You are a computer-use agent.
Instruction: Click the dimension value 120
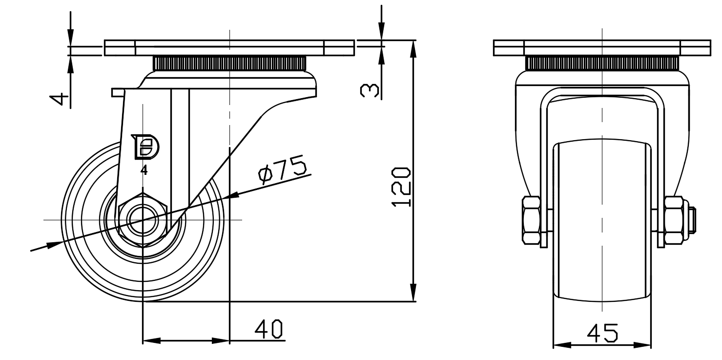point(401,187)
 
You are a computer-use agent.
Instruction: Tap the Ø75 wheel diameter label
point(282,169)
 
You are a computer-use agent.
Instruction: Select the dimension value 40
point(269,329)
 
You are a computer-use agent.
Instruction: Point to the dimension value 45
point(602,333)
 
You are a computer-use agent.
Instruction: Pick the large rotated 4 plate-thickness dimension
point(60,100)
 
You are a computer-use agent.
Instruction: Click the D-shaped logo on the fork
point(144,147)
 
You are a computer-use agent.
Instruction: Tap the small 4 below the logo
point(144,170)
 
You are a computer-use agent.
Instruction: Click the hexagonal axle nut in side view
point(143,220)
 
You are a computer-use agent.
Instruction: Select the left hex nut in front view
point(531,220)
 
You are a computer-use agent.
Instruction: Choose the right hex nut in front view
point(673,220)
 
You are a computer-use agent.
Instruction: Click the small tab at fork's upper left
point(118,92)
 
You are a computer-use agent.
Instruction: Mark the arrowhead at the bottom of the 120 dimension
point(413,294)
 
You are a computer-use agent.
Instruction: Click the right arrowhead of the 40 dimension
point(220,340)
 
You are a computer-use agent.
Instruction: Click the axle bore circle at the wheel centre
point(143,220)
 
